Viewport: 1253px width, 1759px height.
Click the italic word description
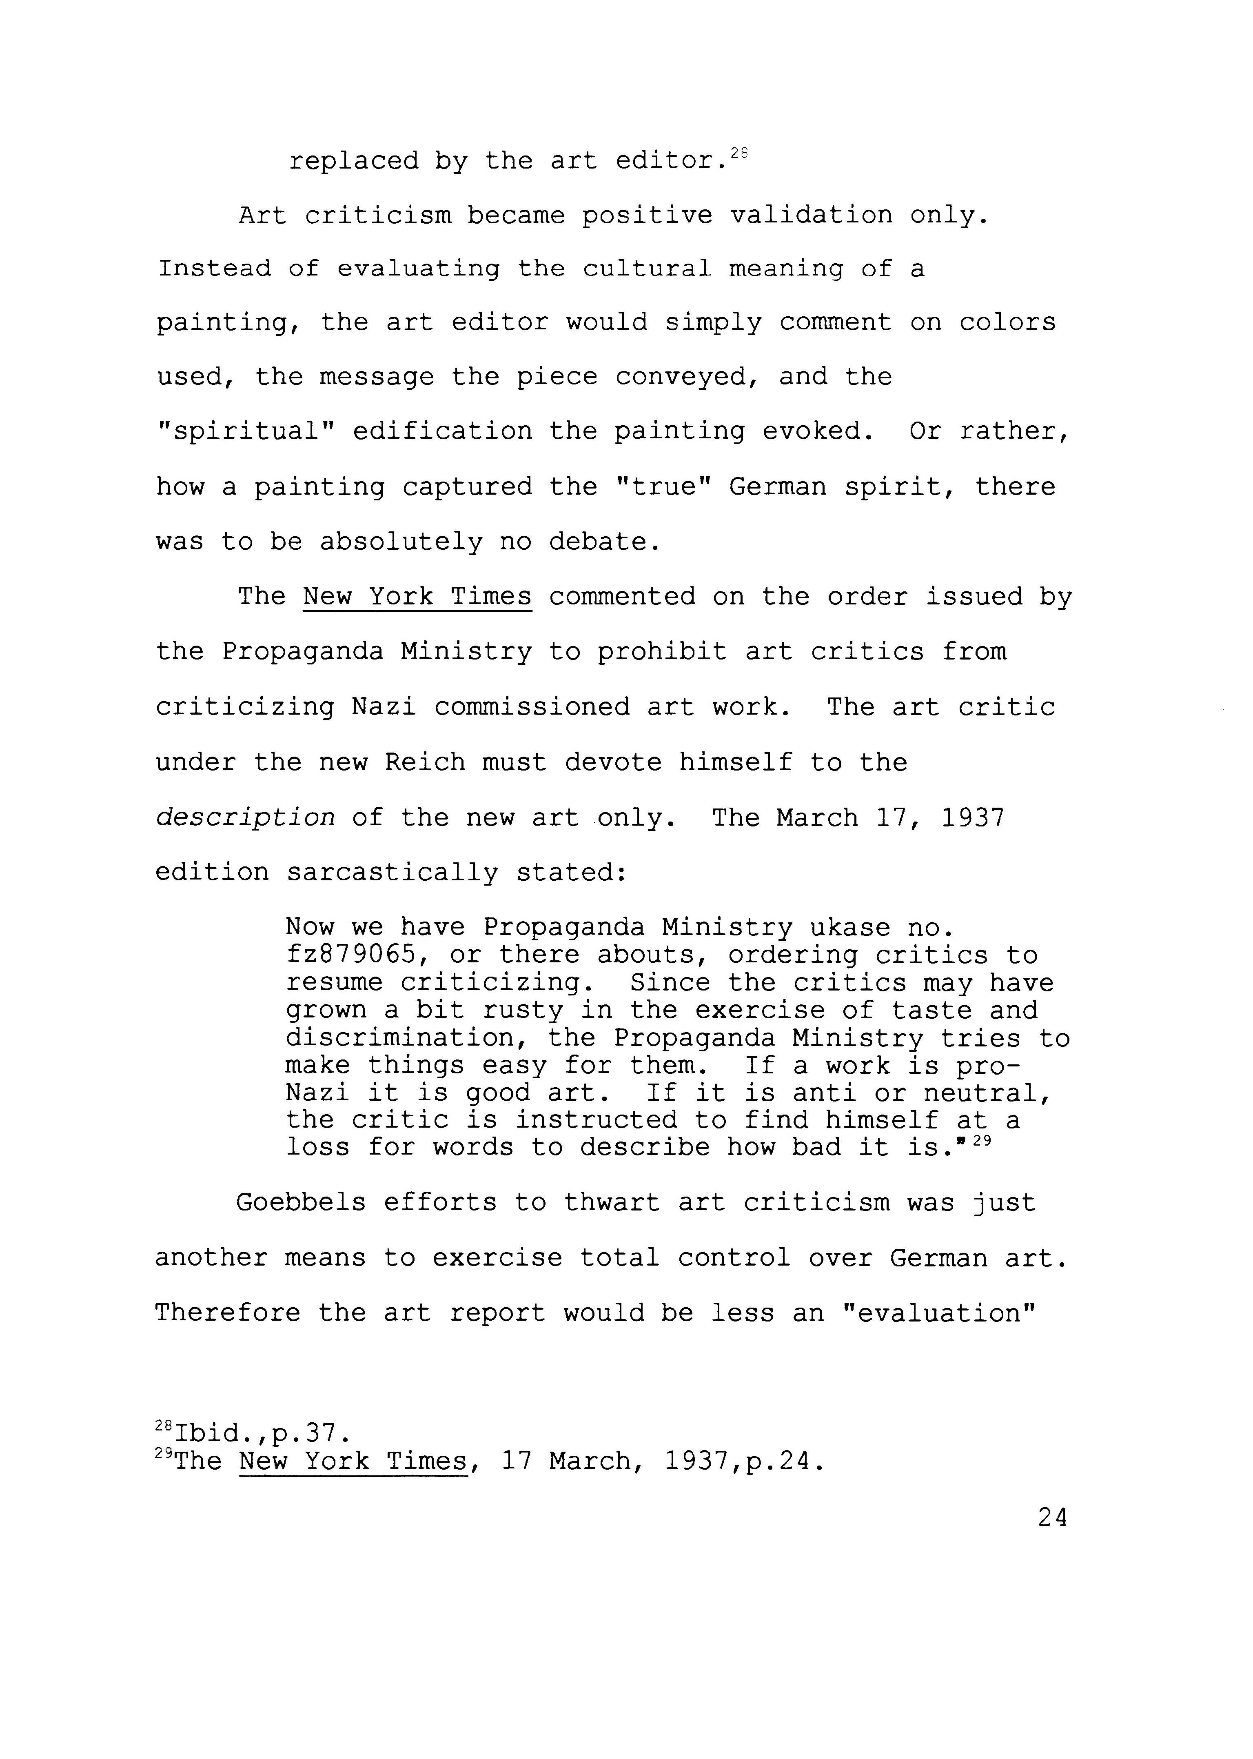click(245, 818)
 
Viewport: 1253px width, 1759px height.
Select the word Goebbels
click(301, 1202)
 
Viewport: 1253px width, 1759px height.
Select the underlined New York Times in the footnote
click(353, 1461)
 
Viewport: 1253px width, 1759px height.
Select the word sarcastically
click(393, 873)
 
